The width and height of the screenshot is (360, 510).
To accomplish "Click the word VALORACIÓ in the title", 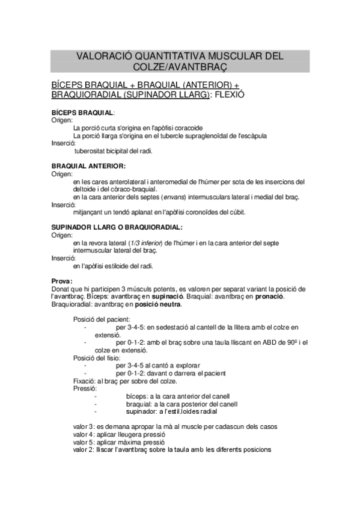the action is point(104,56).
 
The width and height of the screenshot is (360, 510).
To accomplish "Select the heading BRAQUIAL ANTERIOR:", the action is point(88,166).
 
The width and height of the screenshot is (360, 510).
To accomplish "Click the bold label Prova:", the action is point(63,280).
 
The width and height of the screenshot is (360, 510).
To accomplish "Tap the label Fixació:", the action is point(85,381).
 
